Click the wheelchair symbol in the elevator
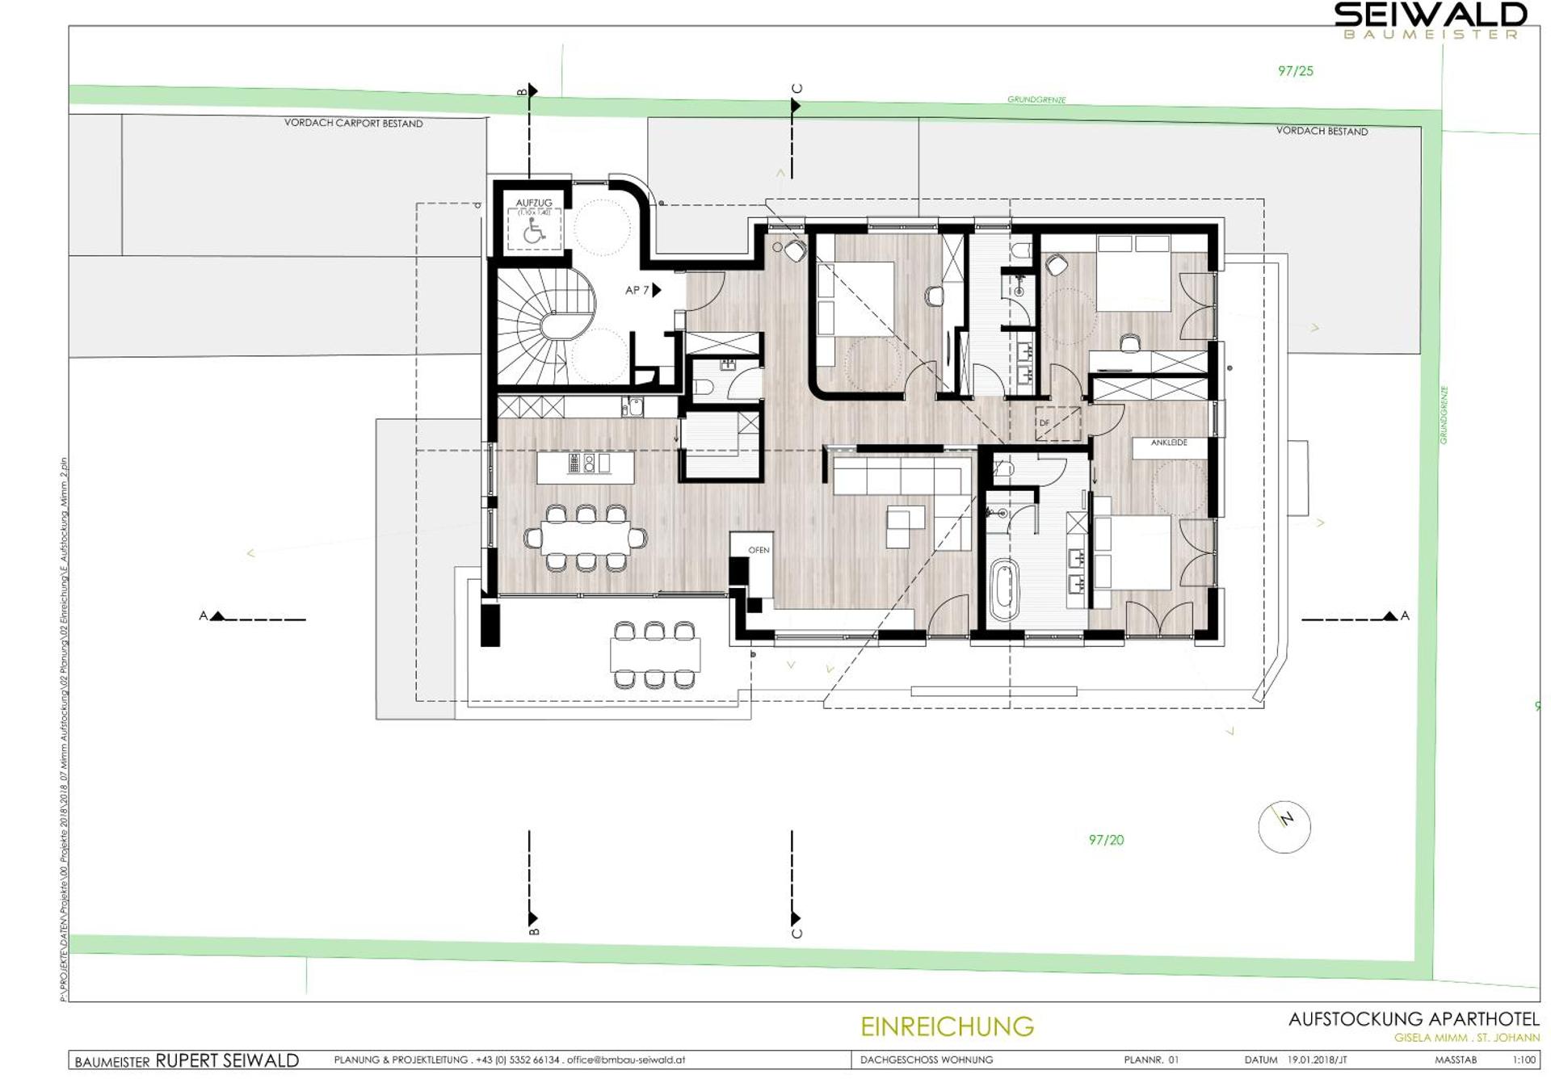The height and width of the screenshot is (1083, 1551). point(534,232)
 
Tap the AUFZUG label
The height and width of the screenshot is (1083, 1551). point(534,203)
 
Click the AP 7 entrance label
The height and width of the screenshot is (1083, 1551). point(637,290)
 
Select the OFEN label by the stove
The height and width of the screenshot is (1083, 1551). point(759,550)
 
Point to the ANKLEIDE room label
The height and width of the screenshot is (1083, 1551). point(1168,443)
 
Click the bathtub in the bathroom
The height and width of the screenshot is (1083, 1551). point(1004,590)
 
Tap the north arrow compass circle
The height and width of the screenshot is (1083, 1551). point(1284,827)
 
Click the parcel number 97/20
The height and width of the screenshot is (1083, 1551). point(1106,840)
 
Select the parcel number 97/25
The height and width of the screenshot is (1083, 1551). point(1295,71)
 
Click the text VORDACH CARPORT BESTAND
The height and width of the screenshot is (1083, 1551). point(353,124)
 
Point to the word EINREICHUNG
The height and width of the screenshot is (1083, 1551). point(947,1026)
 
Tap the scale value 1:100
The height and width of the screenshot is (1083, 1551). point(1524,1060)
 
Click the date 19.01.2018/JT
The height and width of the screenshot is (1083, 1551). point(1317,1060)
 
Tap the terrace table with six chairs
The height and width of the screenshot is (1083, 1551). point(654,655)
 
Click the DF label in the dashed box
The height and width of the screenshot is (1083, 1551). point(1045,422)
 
